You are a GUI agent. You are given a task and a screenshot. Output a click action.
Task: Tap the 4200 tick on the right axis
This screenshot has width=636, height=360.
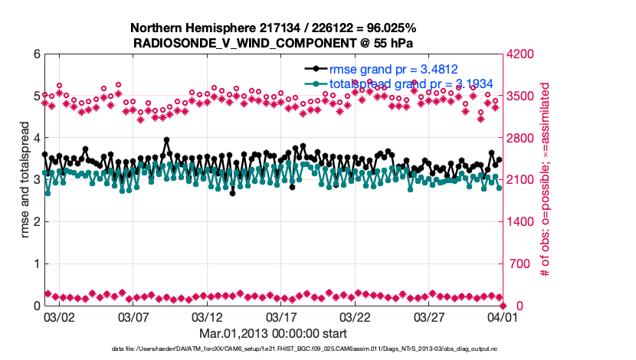click(x=522, y=54)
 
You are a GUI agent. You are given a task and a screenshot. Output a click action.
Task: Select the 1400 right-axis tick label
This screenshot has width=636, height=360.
click(x=522, y=222)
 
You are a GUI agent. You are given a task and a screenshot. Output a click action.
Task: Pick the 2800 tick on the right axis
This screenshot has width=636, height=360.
click(x=522, y=138)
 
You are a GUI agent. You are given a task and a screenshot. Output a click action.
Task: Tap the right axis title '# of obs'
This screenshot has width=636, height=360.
click(x=546, y=180)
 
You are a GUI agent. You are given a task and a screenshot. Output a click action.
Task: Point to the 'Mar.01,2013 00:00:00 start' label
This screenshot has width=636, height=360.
click(x=274, y=333)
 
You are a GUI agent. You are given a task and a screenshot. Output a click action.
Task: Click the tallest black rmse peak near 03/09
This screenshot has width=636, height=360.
click(x=166, y=140)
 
